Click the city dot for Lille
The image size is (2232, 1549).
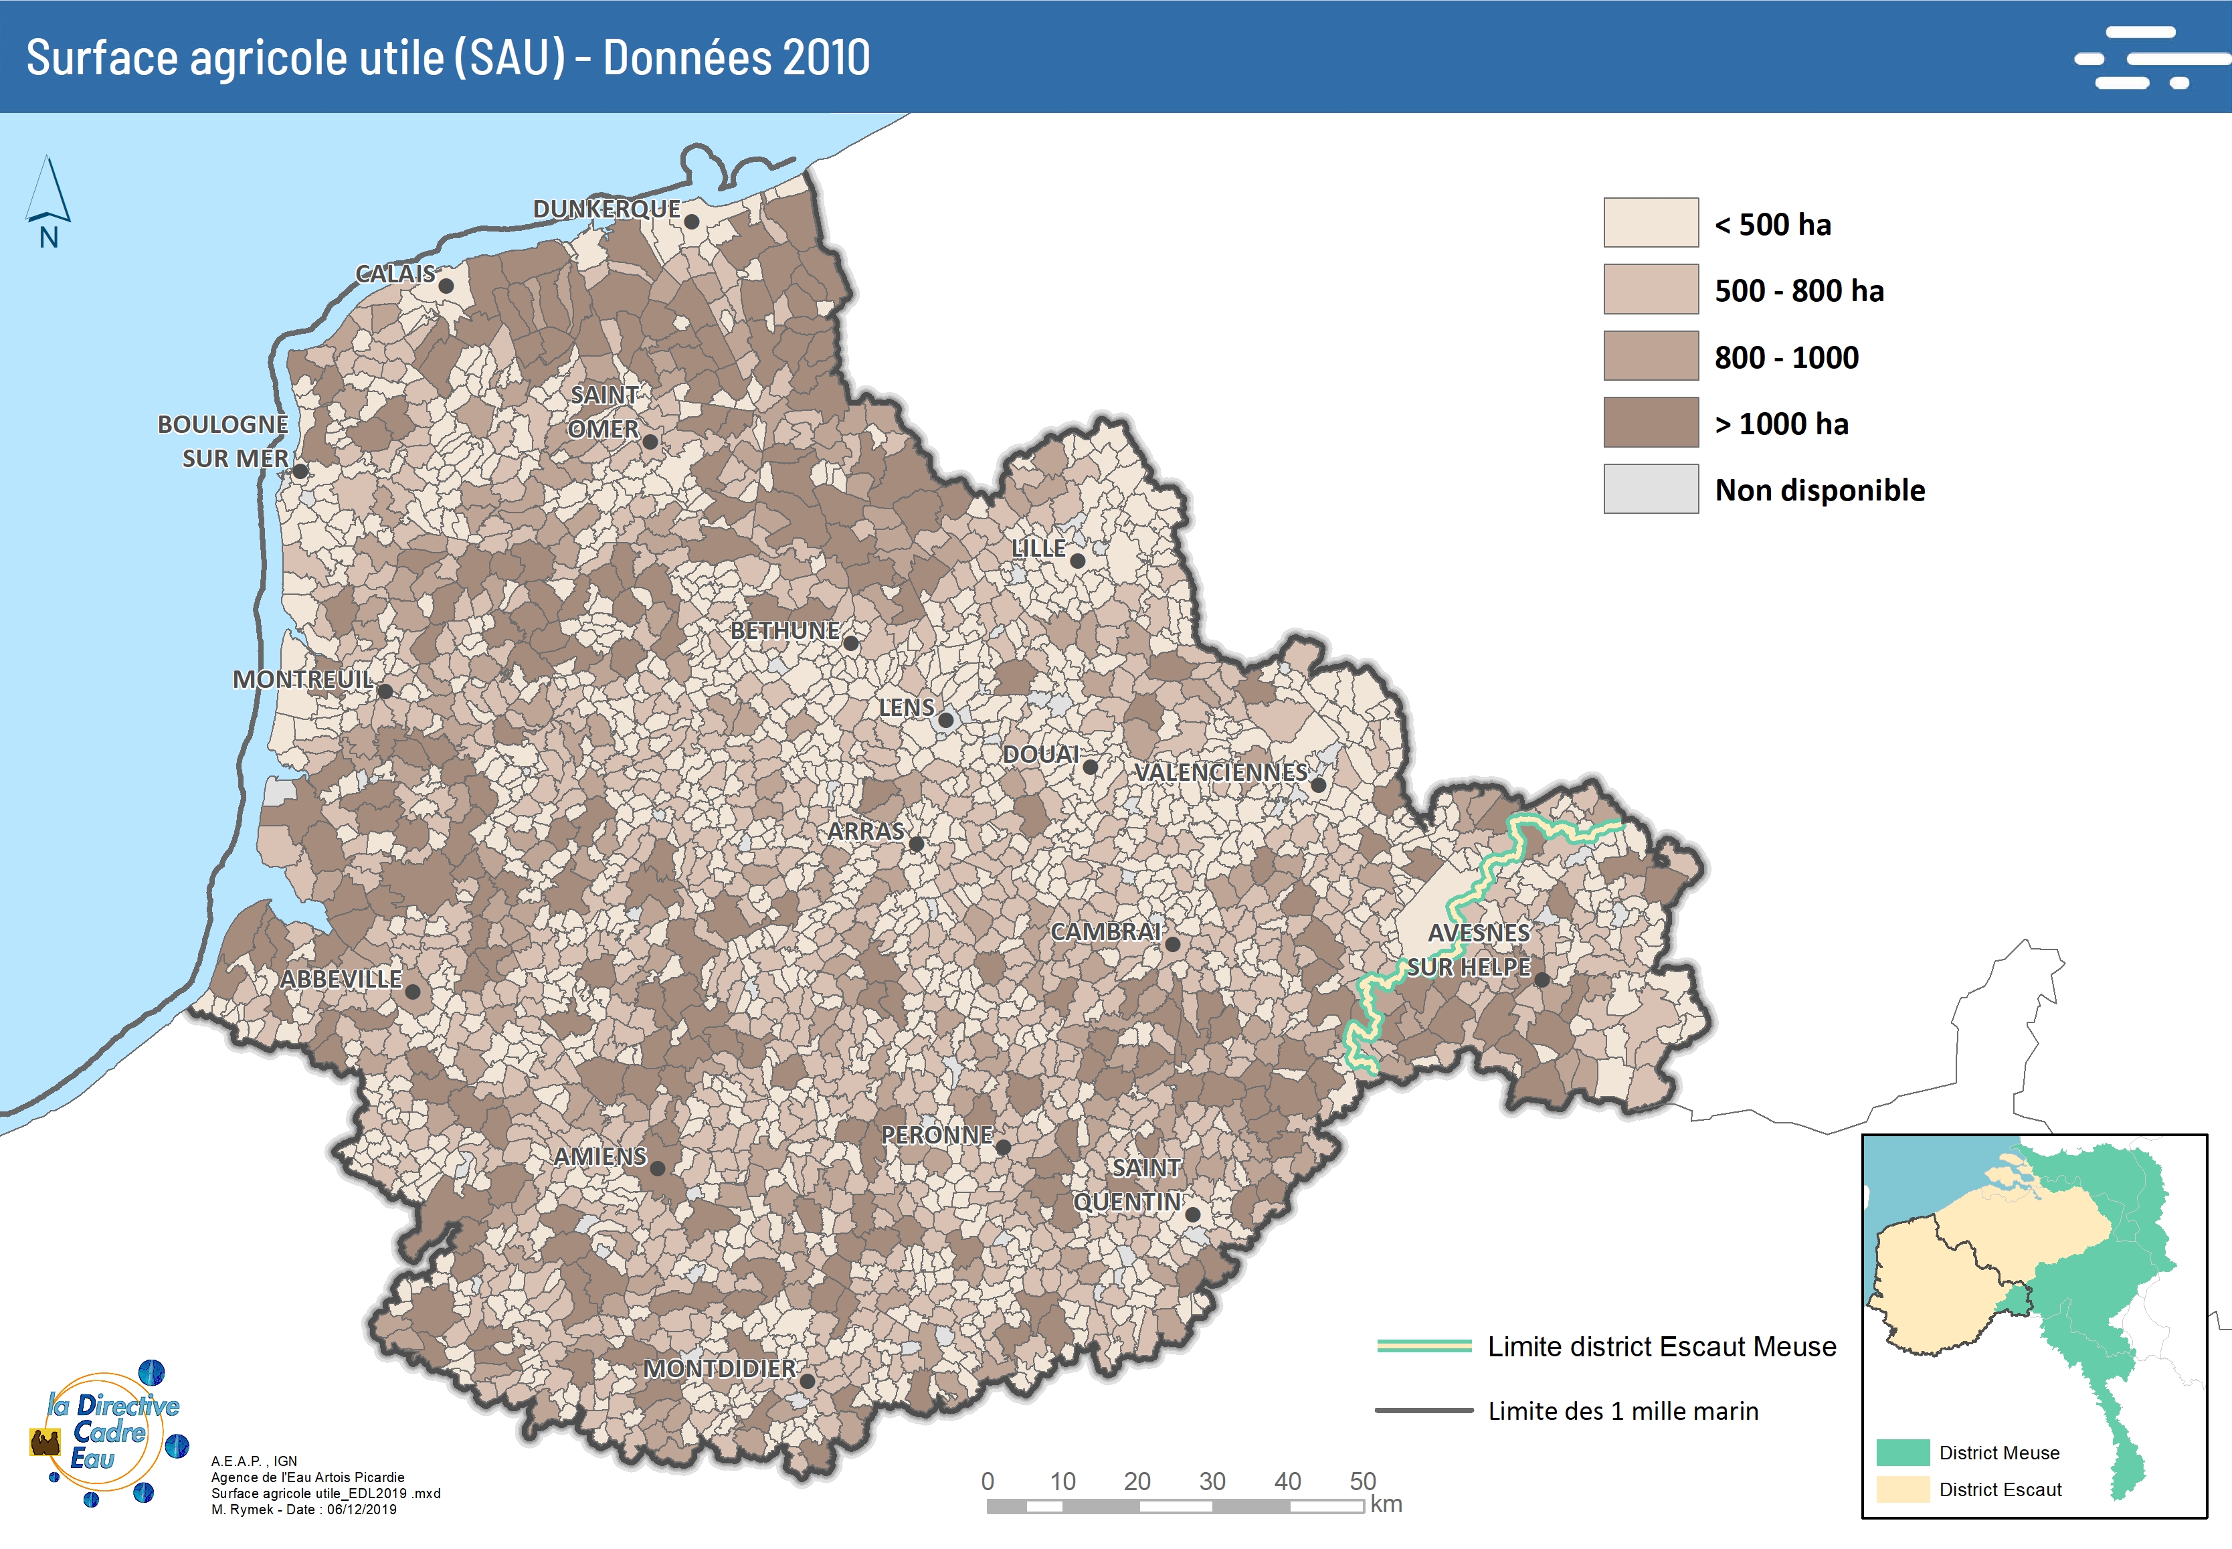1077,561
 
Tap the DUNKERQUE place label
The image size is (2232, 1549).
607,209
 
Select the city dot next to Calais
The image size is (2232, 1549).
446,286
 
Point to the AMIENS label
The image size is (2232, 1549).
599,1157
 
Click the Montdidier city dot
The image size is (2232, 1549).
806,1381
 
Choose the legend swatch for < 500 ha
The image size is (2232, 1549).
1650,223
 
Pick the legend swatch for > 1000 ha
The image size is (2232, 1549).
1650,422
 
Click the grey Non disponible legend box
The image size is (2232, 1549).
1650,488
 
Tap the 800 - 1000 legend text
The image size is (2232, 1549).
1786,357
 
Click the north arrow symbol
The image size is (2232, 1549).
48,192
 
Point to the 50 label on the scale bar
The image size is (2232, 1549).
1362,1481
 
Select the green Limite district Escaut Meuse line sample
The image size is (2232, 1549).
1424,1346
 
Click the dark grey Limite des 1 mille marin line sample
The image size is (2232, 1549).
1424,1410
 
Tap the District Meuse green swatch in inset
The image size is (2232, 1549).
1902,1453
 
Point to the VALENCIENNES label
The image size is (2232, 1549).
1221,773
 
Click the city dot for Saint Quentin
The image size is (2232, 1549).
1193,1214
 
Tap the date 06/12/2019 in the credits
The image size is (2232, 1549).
361,1510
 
